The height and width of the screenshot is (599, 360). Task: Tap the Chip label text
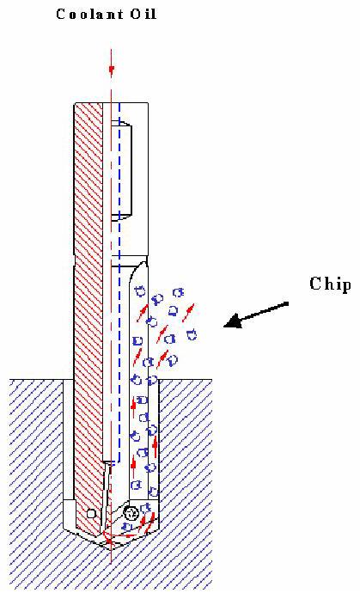click(330, 284)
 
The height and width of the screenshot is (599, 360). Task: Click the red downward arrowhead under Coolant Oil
click(112, 70)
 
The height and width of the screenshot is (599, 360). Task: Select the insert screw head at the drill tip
click(131, 513)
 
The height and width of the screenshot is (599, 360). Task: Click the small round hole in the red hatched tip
click(91, 514)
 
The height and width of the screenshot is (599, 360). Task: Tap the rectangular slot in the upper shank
click(121, 170)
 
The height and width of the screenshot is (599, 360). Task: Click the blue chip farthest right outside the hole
click(192, 334)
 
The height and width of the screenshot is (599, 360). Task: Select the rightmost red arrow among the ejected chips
click(188, 313)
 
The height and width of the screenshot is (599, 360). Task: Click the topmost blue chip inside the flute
click(141, 291)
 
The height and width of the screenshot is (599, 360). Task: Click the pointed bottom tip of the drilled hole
click(111, 550)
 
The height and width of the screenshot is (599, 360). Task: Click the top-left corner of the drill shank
click(74, 103)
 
